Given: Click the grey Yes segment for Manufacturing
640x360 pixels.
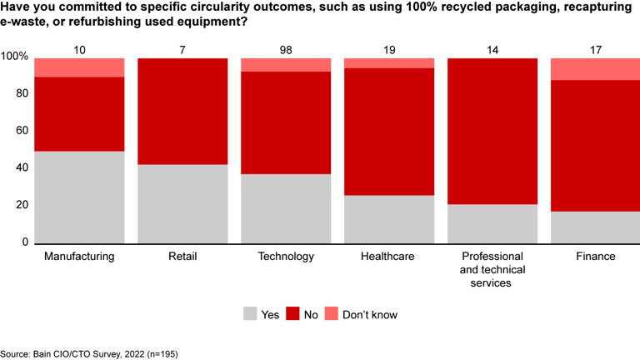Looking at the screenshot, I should tap(79, 197).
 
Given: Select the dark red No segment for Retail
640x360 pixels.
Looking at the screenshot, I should tap(182, 111).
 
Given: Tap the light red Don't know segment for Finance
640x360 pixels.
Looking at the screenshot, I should tap(595, 68).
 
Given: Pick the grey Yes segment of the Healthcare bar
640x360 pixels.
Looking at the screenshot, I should tap(389, 218).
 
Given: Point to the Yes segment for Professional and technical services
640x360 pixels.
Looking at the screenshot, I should tap(492, 222).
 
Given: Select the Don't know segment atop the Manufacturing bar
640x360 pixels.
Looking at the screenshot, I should tap(79, 67).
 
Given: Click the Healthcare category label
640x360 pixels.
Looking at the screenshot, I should tap(389, 257).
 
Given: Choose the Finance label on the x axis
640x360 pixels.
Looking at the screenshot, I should tap(595, 257).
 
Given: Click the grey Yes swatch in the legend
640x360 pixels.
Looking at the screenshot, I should tap(250, 314).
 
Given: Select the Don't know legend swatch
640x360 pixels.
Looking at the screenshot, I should tap(334, 314).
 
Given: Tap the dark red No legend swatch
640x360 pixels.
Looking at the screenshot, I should tap(292, 314).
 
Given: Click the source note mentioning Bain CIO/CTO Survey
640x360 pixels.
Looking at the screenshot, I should tap(89, 353).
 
